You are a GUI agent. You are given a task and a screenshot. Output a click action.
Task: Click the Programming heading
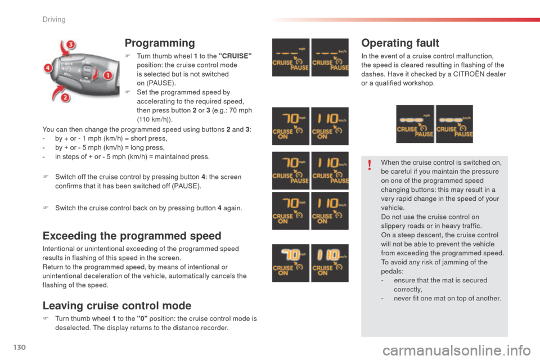(160, 43)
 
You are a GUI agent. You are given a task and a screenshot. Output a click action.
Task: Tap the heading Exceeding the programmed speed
(132, 236)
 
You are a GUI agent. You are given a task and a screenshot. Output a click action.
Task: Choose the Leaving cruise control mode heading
(117, 306)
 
